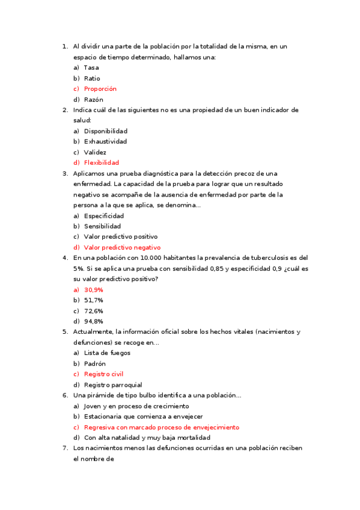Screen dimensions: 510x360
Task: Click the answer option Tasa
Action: (x=91, y=67)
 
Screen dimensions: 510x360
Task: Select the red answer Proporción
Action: (x=100, y=89)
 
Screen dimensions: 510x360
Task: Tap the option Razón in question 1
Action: (x=93, y=99)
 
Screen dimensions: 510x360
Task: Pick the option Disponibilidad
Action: (x=105, y=131)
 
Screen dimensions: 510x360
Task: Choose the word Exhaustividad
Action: (x=105, y=141)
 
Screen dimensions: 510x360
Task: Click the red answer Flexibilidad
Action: (x=102, y=162)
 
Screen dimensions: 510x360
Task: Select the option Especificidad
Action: (x=104, y=215)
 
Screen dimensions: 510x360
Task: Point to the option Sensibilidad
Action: (x=102, y=226)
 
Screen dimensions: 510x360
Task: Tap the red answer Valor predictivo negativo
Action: (x=122, y=247)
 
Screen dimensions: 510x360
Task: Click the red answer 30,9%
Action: (x=93, y=290)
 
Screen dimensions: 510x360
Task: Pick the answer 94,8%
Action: (x=93, y=321)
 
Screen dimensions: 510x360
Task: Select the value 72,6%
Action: (x=93, y=311)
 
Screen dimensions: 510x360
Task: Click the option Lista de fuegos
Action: (x=107, y=353)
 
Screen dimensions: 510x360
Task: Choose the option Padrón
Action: (x=94, y=364)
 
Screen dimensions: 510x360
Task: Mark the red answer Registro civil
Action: (x=103, y=374)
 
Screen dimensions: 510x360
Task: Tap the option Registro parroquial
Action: (x=113, y=385)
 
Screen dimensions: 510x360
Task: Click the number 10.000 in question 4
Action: (x=140, y=258)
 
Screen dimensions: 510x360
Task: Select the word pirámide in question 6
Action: (x=100, y=395)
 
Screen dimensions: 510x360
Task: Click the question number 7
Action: (x=64, y=448)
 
